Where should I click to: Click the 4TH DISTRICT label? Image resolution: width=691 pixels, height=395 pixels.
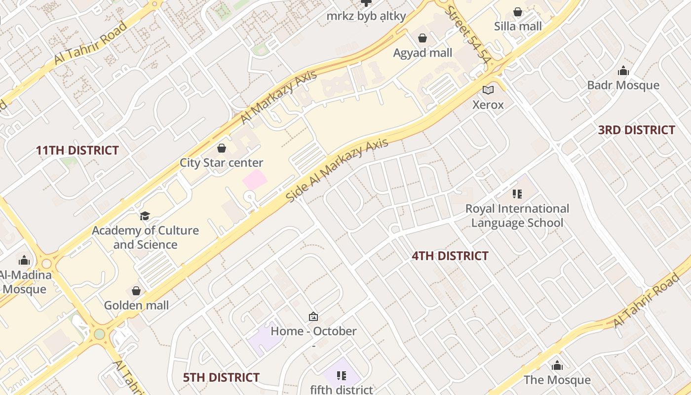pos(450,256)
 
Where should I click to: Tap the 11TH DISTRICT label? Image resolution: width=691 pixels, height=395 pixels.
pos(77,151)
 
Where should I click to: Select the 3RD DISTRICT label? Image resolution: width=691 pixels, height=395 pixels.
pos(636,130)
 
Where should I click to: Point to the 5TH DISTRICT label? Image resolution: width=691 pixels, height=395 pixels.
pos(221,378)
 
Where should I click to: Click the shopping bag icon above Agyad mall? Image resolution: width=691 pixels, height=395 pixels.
pos(422,38)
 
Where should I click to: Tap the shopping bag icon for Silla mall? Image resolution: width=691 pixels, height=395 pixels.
pos(518,11)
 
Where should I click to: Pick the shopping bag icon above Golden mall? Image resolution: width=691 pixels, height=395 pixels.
pos(136,291)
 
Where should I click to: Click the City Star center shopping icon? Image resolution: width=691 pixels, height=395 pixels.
pos(222,148)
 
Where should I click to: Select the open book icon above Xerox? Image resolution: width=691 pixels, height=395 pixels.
pos(488,90)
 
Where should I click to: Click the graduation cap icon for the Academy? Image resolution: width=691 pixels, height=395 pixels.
pos(145,216)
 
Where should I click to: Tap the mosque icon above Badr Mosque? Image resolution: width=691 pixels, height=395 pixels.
pos(623,71)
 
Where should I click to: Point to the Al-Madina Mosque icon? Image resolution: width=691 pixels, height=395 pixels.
pos(24,260)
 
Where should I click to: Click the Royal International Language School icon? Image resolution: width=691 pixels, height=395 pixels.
pos(517,194)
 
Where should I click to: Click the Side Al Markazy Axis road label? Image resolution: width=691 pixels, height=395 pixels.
pos(337,170)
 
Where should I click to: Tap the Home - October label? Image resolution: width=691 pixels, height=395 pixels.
pos(313,331)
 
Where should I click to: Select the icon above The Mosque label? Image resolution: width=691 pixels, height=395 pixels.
pos(557,365)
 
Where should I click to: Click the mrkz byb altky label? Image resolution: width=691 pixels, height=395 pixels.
pos(366,16)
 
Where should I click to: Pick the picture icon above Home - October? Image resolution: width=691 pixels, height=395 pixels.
pos(313,316)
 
